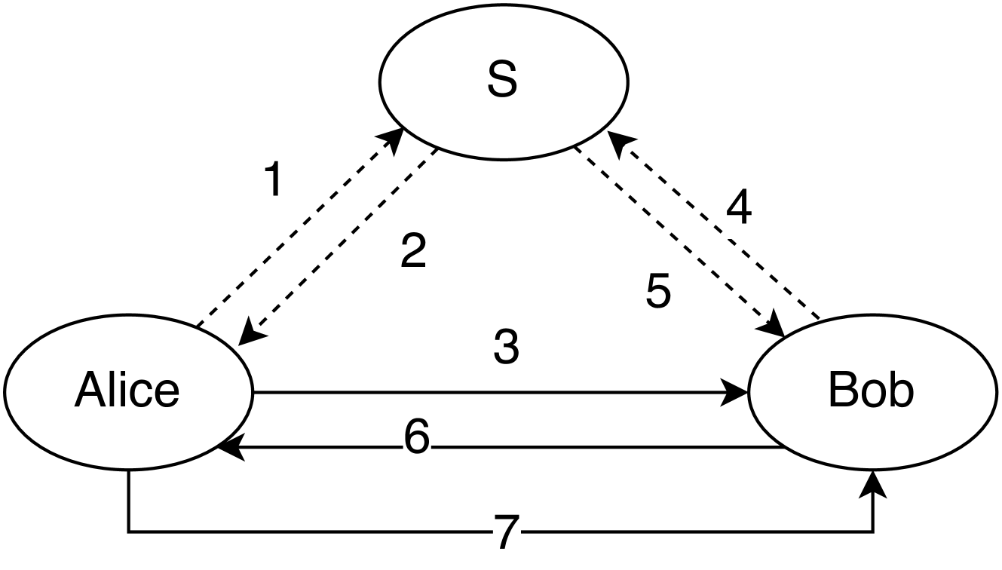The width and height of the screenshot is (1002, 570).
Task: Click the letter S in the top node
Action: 502,81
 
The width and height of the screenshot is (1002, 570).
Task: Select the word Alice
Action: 127,391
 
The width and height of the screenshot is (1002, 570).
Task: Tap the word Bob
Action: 871,391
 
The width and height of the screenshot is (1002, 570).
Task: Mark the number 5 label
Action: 658,292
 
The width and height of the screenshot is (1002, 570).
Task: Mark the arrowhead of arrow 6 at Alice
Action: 226,448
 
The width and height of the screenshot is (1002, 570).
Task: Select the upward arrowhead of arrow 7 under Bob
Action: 875,481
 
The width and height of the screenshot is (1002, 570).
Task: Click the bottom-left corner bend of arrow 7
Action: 130,532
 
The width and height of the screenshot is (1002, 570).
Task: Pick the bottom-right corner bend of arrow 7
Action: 875,532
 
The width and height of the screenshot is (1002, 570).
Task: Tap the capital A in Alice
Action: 87,391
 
